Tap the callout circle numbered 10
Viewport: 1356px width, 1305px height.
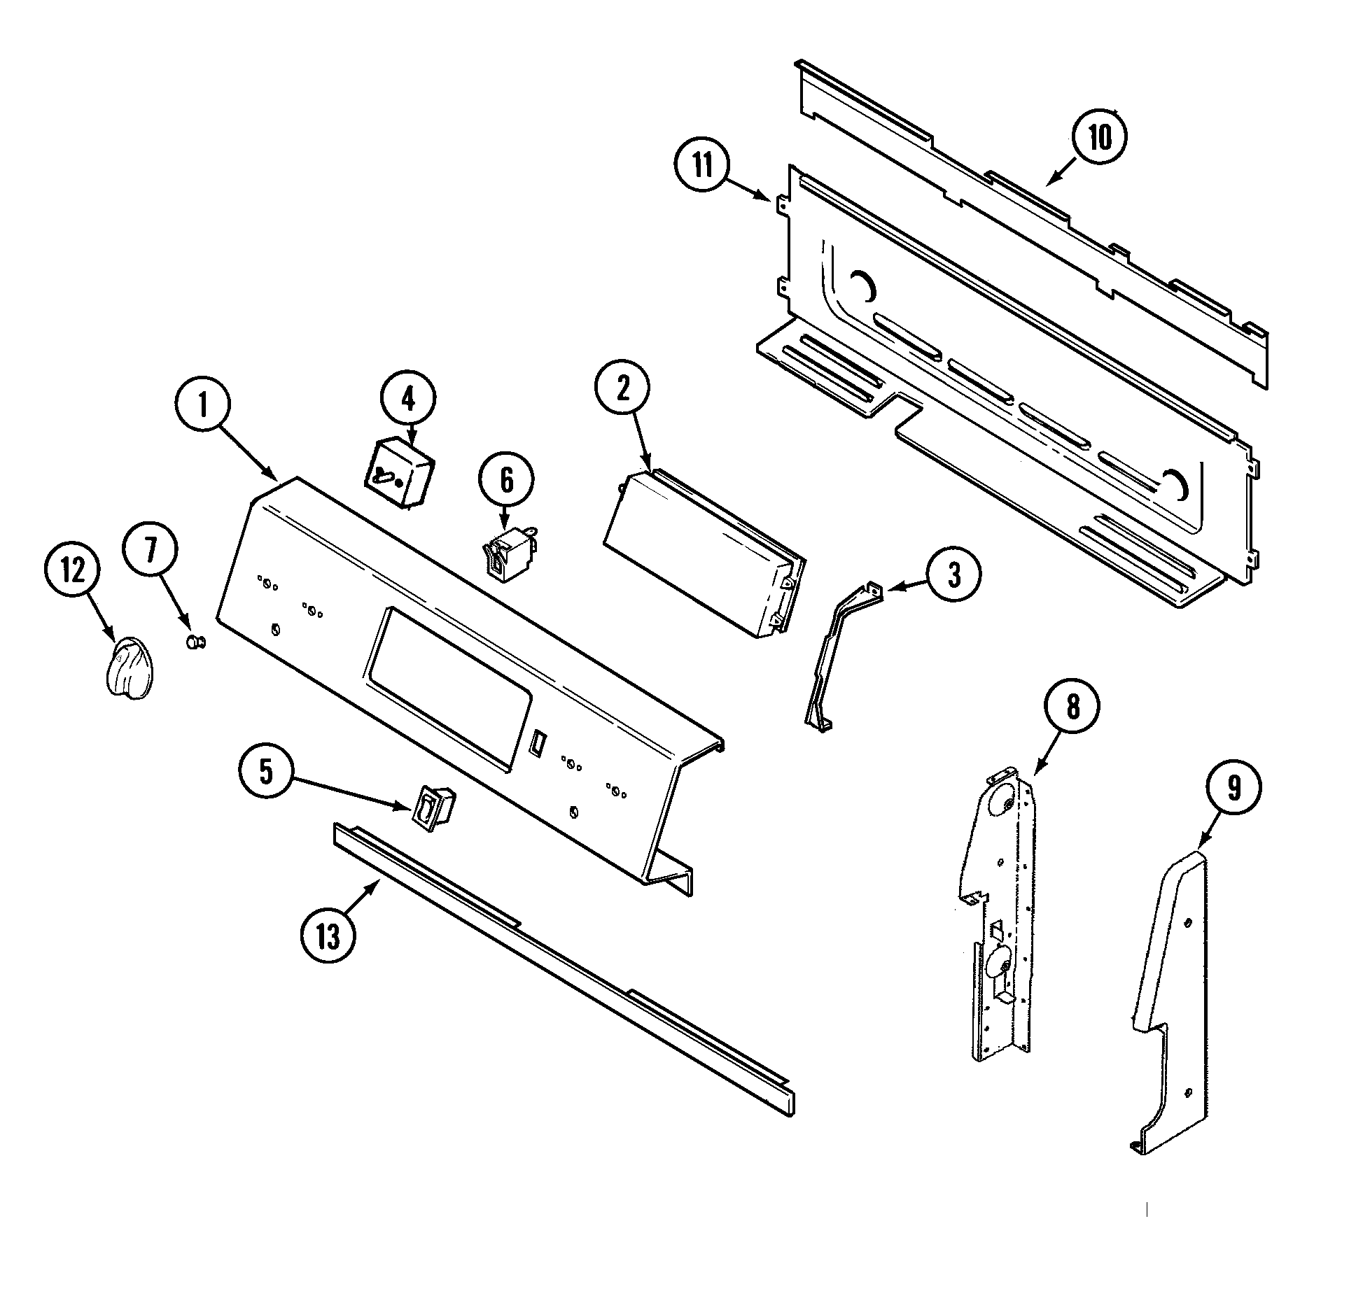1100,138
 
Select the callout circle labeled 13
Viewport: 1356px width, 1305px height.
328,936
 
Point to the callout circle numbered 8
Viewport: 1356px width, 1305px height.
1072,707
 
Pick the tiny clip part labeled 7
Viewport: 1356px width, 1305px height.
195,642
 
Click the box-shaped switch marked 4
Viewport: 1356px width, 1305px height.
398,474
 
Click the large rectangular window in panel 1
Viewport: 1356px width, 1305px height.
445,689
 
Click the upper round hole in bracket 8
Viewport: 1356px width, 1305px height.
1002,800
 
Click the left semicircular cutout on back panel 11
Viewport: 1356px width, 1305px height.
862,286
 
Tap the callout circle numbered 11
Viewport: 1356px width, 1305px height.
702,167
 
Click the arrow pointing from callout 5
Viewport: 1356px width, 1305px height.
350,794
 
